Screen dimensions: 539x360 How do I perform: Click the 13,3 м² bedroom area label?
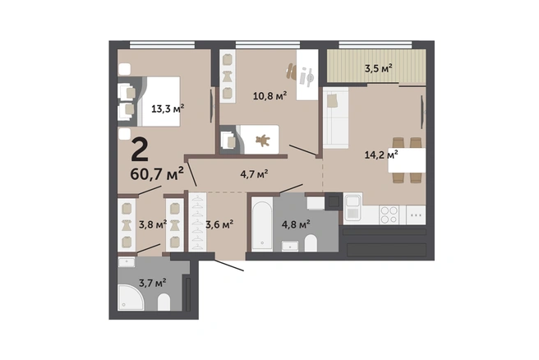(168, 108)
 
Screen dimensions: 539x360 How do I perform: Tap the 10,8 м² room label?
(269, 95)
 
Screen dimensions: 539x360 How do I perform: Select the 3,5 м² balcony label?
(379, 68)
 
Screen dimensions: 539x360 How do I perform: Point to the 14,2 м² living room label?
(381, 155)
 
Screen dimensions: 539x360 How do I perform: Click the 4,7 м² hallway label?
(254, 174)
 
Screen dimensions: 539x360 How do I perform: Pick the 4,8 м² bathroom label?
(296, 225)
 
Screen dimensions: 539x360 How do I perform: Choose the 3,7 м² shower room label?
(153, 283)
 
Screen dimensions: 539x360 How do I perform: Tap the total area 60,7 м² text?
(157, 174)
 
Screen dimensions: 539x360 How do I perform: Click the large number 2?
(140, 150)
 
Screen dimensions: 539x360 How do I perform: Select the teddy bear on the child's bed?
(263, 140)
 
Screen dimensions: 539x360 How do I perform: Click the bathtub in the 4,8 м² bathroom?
(262, 224)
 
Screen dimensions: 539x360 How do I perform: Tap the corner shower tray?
(131, 297)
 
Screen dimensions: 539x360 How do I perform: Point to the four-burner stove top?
(389, 215)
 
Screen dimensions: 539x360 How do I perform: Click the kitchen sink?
(352, 208)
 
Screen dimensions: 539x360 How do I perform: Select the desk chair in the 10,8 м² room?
(291, 72)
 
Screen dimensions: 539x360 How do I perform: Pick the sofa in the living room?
(335, 118)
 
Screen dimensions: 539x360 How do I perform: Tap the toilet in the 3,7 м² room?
(164, 302)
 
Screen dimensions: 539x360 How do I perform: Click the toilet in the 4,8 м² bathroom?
(311, 242)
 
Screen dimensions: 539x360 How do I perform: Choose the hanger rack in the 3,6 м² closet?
(198, 221)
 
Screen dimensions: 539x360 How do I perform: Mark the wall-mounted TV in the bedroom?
(212, 106)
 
